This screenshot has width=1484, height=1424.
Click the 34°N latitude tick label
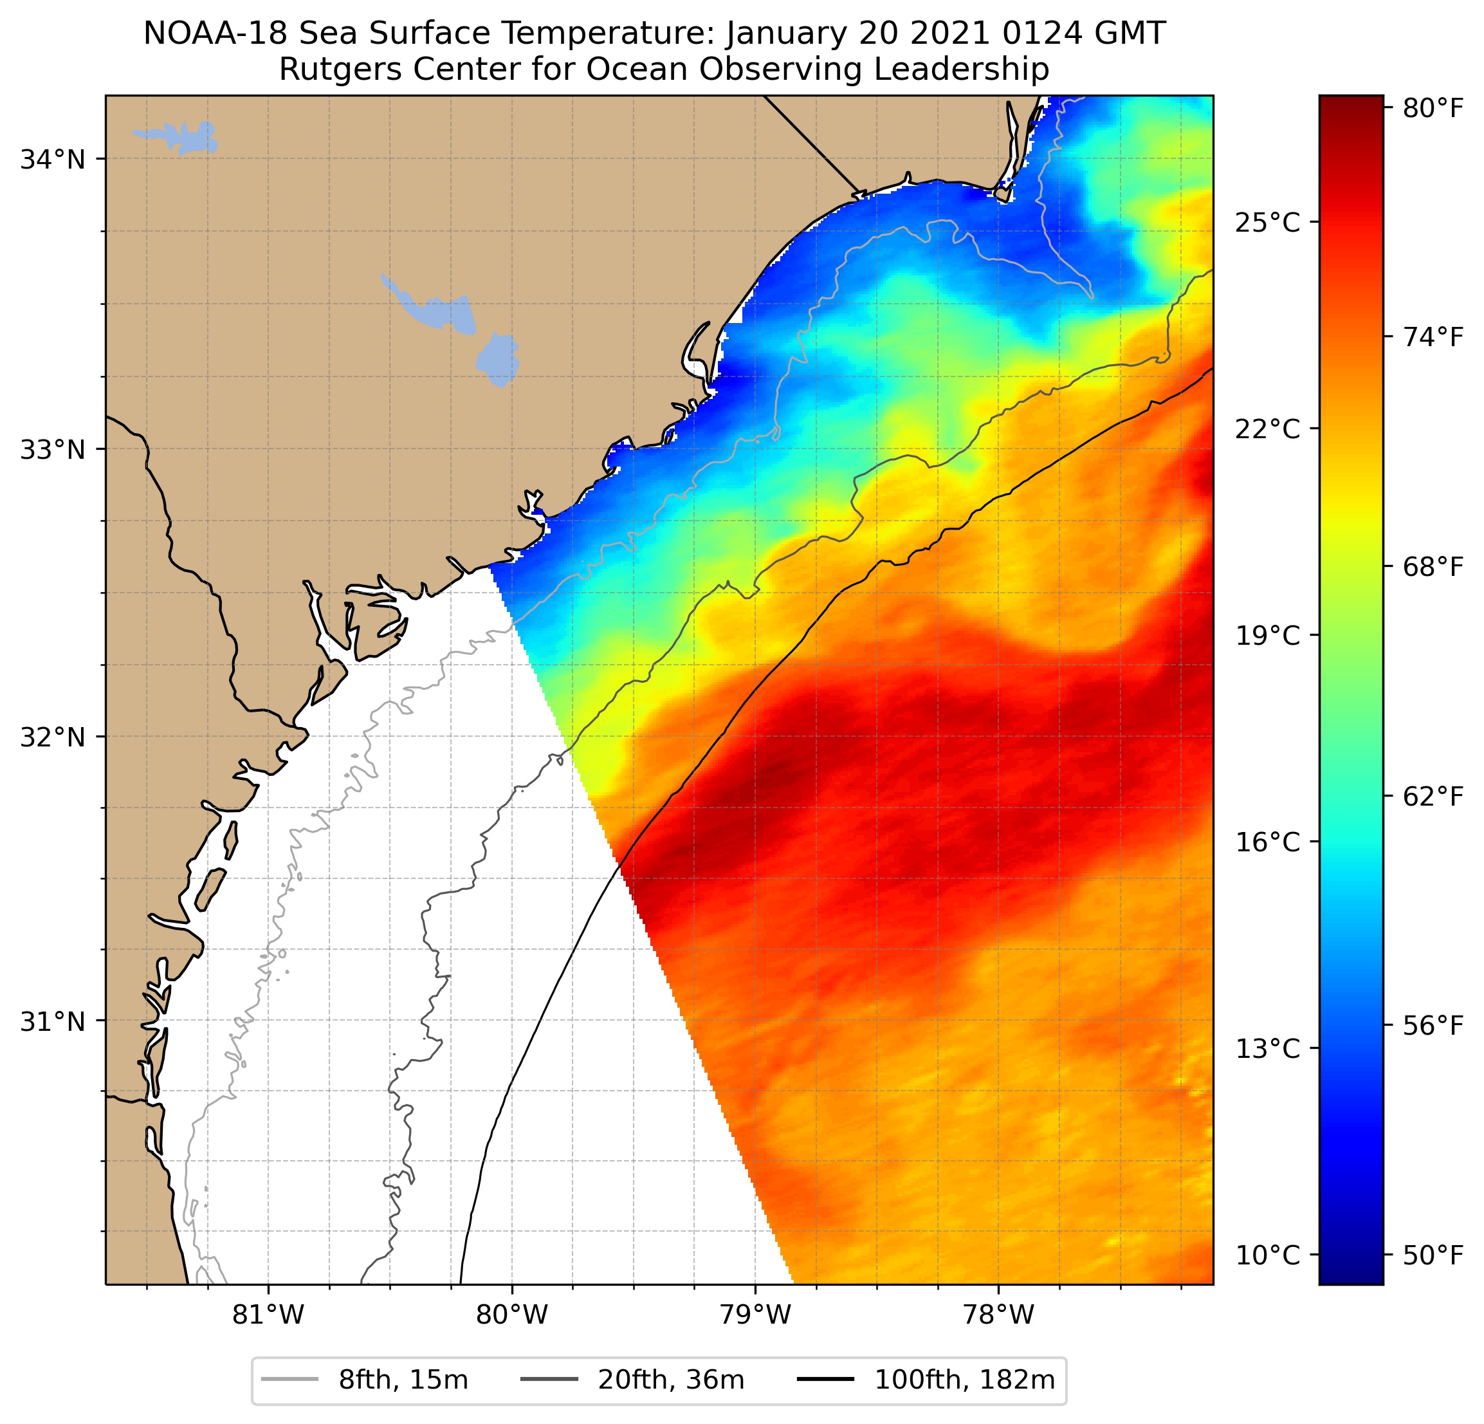[x=51, y=160]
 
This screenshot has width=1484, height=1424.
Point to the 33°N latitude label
[x=51, y=450]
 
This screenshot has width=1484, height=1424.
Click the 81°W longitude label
[x=268, y=1316]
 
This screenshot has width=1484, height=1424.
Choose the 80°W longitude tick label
[x=512, y=1316]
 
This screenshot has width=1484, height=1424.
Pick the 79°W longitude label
[x=755, y=1316]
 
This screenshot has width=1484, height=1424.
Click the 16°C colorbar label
[x=1267, y=842]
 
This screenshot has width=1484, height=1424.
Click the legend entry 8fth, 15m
[x=403, y=1380]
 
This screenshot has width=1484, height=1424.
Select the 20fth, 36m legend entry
[x=671, y=1380]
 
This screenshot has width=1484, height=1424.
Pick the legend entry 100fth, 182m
[x=964, y=1380]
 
